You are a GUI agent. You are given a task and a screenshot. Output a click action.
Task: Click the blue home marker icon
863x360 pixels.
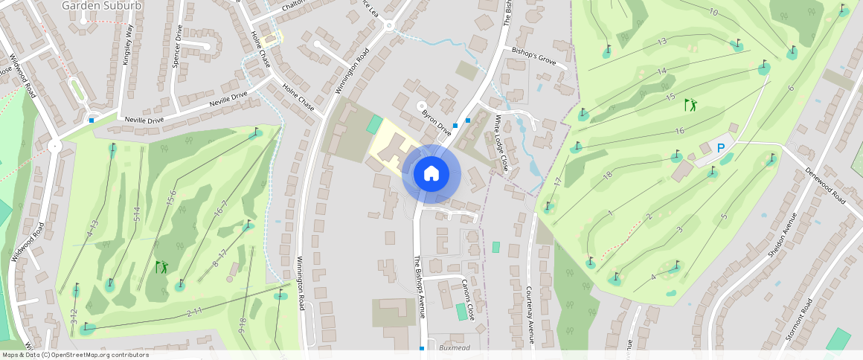point(431,174)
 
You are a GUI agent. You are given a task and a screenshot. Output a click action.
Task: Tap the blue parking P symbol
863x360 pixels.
point(720,149)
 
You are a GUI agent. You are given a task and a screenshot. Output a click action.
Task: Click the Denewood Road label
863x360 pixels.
point(827,185)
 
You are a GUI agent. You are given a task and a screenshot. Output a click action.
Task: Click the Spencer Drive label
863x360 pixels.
point(178,47)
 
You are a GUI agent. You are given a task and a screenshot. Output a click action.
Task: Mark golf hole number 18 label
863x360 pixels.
point(608,176)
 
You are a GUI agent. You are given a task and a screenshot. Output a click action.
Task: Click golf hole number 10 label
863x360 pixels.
point(713,13)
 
